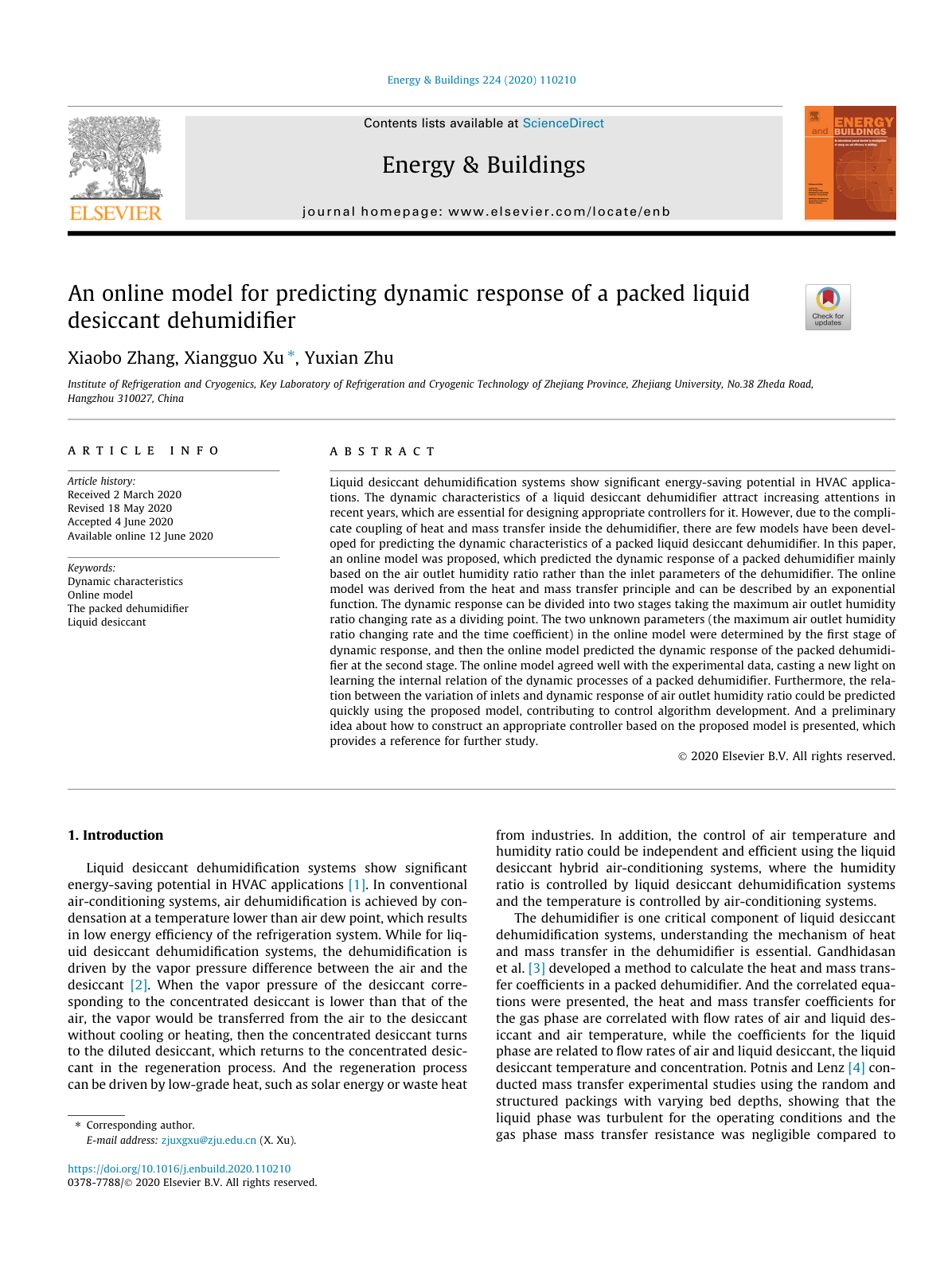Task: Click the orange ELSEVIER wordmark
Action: pyautogui.click(x=115, y=213)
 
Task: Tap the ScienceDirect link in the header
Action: pyautogui.click(x=563, y=123)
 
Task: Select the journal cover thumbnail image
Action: pyautogui.click(x=850, y=162)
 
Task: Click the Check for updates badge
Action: pyautogui.click(x=828, y=307)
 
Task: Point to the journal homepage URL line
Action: pyautogui.click(x=486, y=212)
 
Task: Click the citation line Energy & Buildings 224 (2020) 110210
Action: pyautogui.click(x=481, y=80)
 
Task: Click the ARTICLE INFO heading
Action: pyautogui.click(x=143, y=451)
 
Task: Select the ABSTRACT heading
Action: pyautogui.click(x=382, y=451)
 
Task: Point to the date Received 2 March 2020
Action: pyautogui.click(x=124, y=495)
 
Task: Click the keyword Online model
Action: pyautogui.click(x=100, y=595)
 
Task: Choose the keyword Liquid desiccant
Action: pyautogui.click(x=107, y=622)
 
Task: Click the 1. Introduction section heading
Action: pyautogui.click(x=115, y=835)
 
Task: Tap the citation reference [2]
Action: pyautogui.click(x=139, y=985)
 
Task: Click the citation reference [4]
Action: pyautogui.click(x=856, y=1068)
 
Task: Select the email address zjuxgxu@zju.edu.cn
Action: pyautogui.click(x=209, y=1141)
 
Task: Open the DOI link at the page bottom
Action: pyautogui.click(x=179, y=1169)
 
